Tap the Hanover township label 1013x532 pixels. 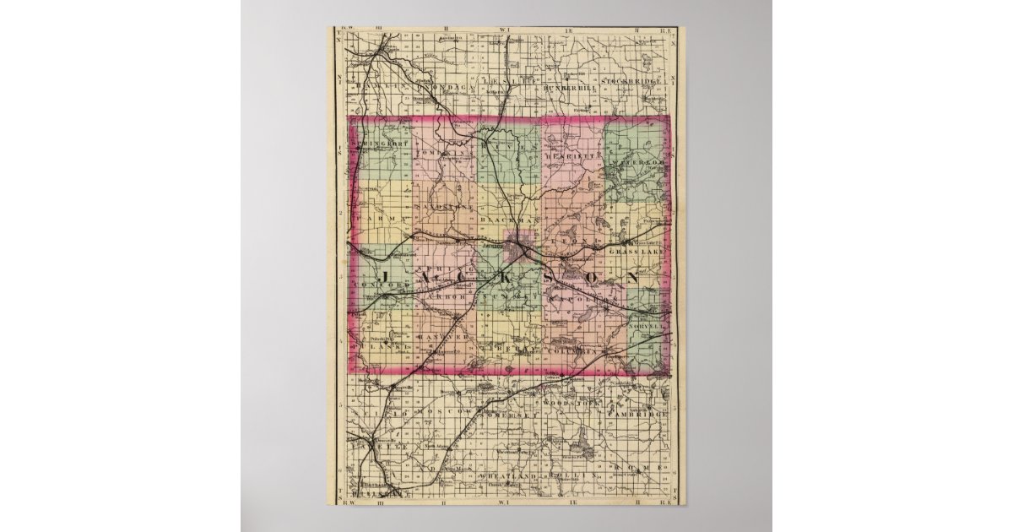(x=441, y=336)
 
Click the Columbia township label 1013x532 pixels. (x=572, y=349)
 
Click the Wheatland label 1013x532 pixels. (x=503, y=478)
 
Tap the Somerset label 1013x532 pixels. (x=506, y=415)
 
